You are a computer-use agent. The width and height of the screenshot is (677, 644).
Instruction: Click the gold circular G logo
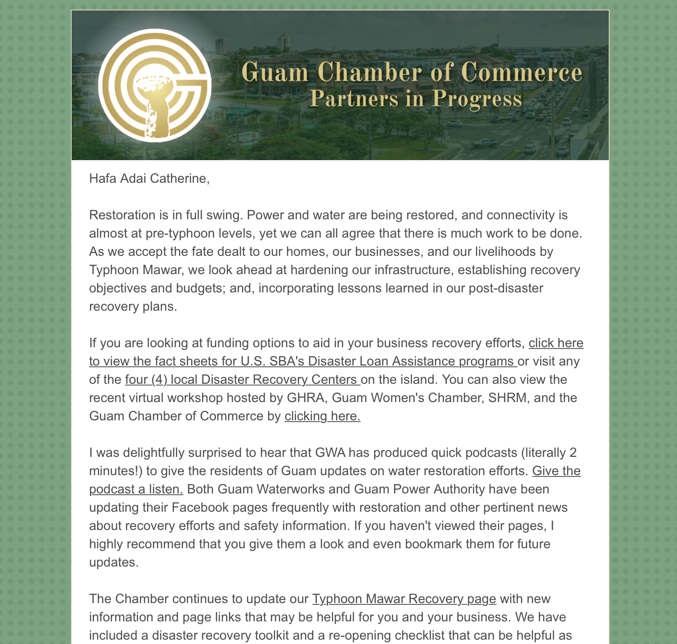pos(155,85)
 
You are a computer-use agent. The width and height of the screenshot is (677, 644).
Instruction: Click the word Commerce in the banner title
pos(521,72)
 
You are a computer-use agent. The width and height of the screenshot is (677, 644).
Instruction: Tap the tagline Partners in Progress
pos(416,99)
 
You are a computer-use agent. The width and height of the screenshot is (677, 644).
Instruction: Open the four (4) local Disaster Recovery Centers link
pos(242,379)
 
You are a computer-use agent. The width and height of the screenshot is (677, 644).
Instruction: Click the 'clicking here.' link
pos(322,416)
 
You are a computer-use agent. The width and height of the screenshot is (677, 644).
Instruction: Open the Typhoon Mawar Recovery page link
pos(404,599)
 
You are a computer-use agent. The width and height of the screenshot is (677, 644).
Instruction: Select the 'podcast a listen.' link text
pos(136,489)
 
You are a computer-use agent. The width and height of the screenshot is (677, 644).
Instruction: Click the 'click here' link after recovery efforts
pos(556,343)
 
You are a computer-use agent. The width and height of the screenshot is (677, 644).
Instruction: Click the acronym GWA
pos(330,453)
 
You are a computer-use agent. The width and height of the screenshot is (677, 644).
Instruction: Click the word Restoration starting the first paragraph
pos(122,215)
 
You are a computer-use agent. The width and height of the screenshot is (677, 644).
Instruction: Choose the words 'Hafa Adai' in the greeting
pos(117,178)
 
